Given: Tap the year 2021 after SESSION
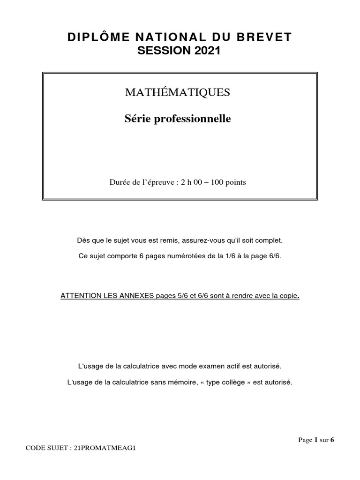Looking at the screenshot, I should (206, 52).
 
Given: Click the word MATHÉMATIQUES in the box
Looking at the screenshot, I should (177, 92).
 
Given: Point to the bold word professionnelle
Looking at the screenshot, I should (194, 119).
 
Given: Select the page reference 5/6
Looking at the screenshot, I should (173, 296).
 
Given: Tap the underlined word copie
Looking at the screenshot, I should (288, 296).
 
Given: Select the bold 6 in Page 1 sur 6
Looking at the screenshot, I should (332, 440).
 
